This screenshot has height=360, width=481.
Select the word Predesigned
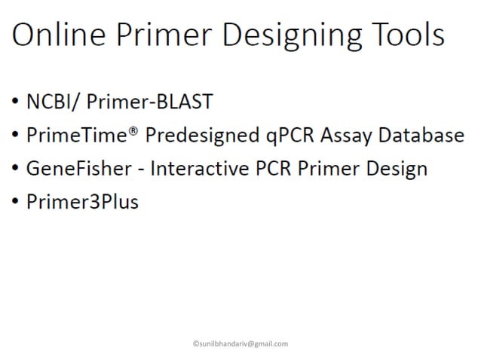pyautogui.click(x=182, y=136)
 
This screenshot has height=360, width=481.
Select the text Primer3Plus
pyautogui.click(x=82, y=202)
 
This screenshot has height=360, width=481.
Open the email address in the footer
pyautogui.click(x=240, y=343)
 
